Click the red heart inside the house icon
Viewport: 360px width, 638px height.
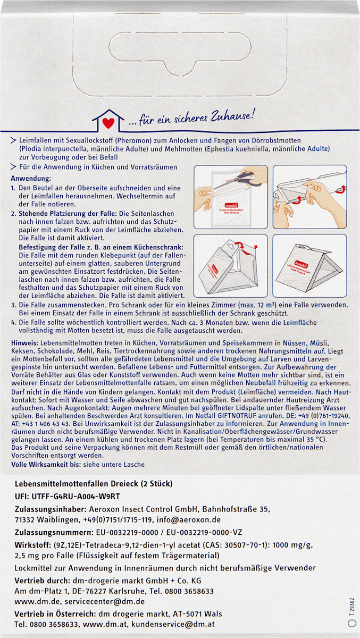108,123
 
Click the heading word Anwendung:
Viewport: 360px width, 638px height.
31,179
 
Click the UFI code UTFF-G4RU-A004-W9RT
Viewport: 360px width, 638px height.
77,497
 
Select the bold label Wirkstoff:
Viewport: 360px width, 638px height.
32,545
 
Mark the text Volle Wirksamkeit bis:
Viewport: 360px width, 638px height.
46,465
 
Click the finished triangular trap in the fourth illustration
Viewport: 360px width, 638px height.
309,267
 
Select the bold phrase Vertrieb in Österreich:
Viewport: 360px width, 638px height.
54,614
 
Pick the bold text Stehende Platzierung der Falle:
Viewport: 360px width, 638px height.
68,213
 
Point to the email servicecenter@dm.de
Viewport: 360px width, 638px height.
105,601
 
